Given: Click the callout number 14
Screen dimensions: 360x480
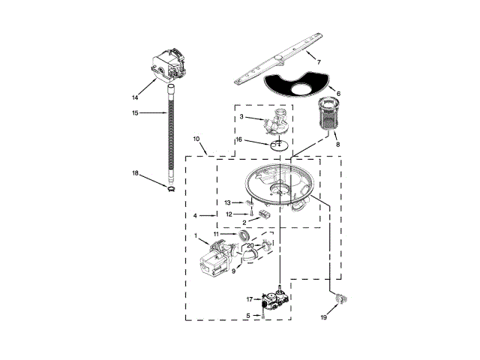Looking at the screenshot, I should [135, 97].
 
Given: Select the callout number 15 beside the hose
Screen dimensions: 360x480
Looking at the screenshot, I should [135, 113].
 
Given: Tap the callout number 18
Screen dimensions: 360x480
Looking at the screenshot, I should [135, 173].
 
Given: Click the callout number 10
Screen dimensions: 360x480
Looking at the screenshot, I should [196, 139].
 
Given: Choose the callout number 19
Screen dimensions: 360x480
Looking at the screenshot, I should [323, 317].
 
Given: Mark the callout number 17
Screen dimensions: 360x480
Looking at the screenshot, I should [250, 299].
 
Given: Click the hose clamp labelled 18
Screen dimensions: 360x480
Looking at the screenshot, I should [172, 189].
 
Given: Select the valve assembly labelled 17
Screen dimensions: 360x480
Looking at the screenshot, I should [272, 301].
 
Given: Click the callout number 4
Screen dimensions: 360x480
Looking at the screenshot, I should [195, 216].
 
